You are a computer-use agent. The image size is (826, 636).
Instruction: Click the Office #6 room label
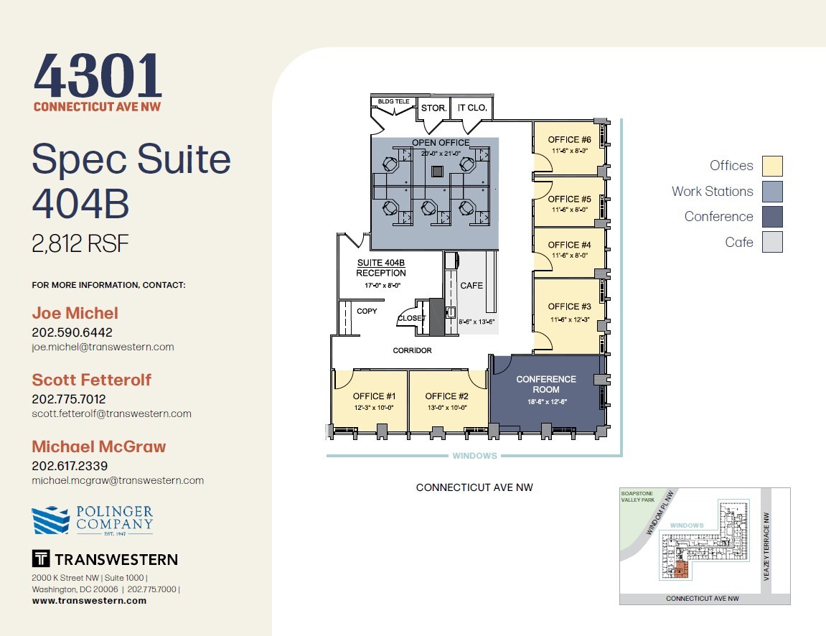click(569, 139)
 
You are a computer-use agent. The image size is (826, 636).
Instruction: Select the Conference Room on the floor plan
click(546, 385)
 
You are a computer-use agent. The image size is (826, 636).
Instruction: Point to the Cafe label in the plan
click(471, 286)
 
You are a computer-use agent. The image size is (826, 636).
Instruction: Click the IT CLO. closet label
click(472, 108)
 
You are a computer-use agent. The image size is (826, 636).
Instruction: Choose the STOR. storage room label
click(433, 108)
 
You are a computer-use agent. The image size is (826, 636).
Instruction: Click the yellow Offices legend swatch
click(772, 166)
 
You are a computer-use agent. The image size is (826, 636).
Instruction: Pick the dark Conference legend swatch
click(772, 217)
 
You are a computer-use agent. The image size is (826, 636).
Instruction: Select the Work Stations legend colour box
click(772, 192)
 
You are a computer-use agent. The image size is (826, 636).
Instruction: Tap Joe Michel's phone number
click(72, 332)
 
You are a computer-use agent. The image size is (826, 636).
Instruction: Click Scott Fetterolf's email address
click(111, 413)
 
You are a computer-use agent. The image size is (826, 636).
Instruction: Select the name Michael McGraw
click(99, 446)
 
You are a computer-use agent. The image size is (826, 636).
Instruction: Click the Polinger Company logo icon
click(50, 520)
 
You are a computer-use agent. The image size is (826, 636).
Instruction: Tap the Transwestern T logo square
click(40, 558)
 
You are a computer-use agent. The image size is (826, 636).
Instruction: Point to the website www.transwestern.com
click(89, 601)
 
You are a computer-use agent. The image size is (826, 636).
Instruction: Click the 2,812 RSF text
click(80, 244)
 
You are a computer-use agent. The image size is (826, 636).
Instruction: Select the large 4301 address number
click(98, 78)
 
